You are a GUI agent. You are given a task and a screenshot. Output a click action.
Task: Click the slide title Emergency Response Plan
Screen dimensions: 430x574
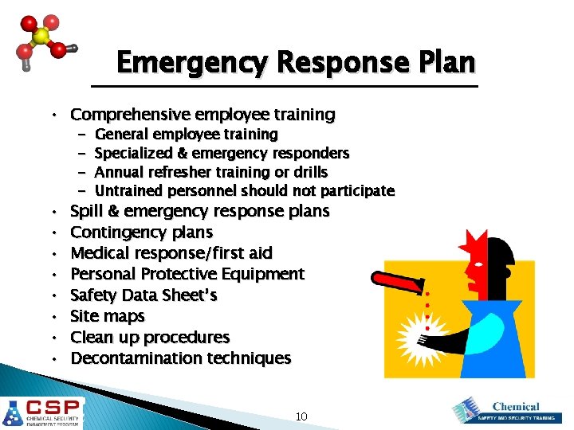[295, 62]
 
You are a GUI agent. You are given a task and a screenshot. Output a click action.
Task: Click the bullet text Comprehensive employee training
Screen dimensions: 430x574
[202, 115]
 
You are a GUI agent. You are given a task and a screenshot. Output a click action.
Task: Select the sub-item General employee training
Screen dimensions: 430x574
[186, 134]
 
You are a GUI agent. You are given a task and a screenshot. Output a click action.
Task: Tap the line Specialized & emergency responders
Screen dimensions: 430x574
[222, 153]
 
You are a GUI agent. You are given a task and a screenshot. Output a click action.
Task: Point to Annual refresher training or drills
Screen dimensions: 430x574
[210, 172]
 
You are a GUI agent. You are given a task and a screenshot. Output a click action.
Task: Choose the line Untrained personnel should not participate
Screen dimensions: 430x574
[244, 191]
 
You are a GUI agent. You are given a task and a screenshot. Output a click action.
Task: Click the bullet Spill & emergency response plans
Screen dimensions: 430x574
[199, 211]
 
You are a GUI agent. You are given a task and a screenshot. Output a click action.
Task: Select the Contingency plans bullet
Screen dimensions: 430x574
[141, 233]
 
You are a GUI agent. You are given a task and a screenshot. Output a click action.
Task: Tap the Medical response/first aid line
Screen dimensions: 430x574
[171, 253]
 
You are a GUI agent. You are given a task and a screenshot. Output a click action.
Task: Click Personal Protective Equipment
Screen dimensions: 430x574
[187, 274]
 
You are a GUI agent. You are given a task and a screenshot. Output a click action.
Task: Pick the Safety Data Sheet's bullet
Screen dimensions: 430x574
[143, 295]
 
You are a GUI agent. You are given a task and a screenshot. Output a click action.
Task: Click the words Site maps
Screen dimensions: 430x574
[108, 316]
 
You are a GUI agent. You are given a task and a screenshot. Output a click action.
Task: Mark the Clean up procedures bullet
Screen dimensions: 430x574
[150, 338]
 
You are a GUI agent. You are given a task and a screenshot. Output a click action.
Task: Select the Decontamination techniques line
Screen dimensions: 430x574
[181, 358]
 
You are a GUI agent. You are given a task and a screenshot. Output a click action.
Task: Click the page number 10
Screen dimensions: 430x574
[301, 416]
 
